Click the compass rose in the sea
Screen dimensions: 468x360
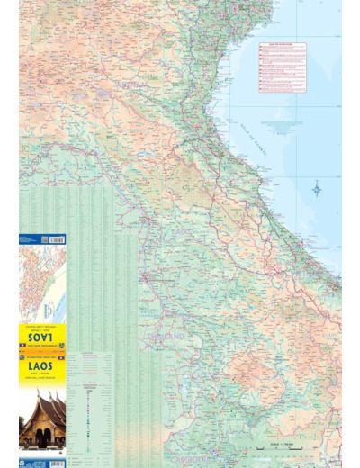point(317,189)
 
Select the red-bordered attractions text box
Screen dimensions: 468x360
point(282,67)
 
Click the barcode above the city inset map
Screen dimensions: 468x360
point(54,240)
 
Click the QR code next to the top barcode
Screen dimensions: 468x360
point(26,240)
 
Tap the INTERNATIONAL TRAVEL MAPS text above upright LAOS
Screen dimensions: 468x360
point(41,358)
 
